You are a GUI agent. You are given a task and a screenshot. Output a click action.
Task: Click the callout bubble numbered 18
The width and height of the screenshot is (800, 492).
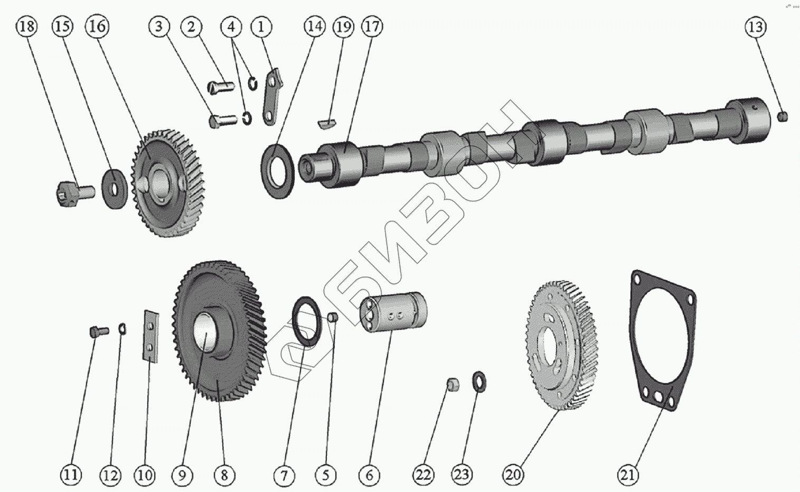tap(27, 27)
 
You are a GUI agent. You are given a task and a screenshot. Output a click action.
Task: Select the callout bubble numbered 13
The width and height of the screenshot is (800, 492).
tap(756, 27)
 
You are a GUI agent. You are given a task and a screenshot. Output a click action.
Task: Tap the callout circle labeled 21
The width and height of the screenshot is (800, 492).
tap(628, 475)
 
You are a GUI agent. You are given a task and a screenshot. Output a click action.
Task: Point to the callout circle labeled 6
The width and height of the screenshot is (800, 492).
tap(369, 475)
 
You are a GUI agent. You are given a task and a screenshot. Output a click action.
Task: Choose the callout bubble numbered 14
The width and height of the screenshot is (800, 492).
tap(315, 26)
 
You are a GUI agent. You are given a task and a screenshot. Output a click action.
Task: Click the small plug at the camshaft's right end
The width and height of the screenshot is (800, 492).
tap(783, 116)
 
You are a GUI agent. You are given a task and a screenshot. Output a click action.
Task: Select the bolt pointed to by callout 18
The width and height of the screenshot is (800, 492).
tap(76, 193)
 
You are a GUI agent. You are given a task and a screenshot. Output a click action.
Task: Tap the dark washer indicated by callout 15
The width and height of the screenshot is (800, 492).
tap(114, 189)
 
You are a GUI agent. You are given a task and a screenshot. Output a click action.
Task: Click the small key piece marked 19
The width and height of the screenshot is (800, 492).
tap(327, 123)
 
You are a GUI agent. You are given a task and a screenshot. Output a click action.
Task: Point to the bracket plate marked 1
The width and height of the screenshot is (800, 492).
tap(273, 97)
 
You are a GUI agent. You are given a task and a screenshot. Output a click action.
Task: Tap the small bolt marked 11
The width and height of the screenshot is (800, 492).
tap(99, 332)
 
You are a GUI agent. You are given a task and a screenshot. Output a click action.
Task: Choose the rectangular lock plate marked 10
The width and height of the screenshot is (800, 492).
tap(151, 336)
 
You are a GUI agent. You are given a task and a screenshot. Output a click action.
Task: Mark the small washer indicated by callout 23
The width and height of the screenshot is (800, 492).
tap(479, 382)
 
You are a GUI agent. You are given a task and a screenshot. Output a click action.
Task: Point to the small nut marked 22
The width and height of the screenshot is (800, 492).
tap(453, 385)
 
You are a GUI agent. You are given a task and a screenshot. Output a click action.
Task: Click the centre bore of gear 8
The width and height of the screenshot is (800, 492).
tap(205, 330)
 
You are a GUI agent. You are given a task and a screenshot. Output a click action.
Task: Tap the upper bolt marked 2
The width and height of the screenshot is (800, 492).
tap(221, 88)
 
